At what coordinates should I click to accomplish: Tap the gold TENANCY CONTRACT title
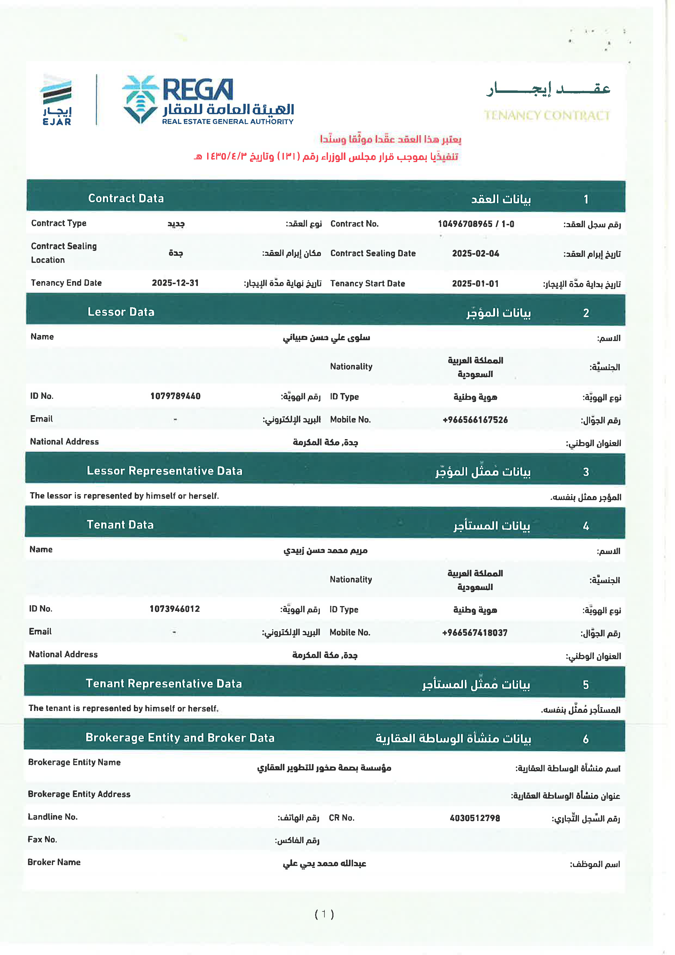click(547, 115)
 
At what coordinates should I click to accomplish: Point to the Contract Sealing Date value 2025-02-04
click(475, 253)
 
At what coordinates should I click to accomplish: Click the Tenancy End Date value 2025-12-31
click(175, 283)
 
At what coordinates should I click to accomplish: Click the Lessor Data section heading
click(121, 312)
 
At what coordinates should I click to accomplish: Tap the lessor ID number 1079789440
click(175, 396)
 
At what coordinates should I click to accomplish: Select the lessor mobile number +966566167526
click(475, 420)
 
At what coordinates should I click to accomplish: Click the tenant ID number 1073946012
click(174, 609)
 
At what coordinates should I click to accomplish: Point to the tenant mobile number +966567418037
click(475, 633)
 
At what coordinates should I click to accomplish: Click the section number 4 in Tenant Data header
click(586, 526)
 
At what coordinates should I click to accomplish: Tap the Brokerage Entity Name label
click(74, 762)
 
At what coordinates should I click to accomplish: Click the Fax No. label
click(42, 839)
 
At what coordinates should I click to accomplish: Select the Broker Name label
click(54, 862)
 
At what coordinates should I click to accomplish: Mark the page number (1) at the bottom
click(324, 914)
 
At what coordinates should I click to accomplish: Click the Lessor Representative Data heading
click(165, 471)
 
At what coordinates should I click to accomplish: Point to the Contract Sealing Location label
click(64, 253)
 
